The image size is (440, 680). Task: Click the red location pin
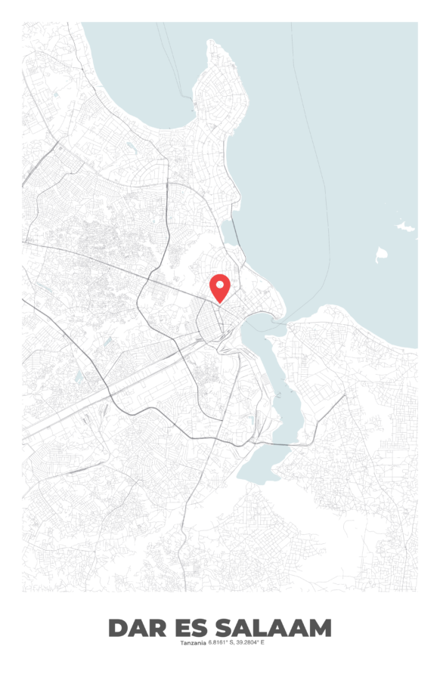[x=220, y=287]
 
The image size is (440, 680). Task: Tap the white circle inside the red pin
[x=220, y=284]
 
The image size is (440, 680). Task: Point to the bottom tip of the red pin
[x=220, y=303]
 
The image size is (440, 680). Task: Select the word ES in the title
[x=192, y=628]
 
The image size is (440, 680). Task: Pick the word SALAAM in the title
[x=273, y=628]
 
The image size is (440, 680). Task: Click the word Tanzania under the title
[x=193, y=643]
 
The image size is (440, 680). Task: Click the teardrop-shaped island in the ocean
[x=381, y=255]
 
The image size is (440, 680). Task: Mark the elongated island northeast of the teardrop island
[x=406, y=226]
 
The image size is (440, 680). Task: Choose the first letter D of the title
[x=118, y=628]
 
